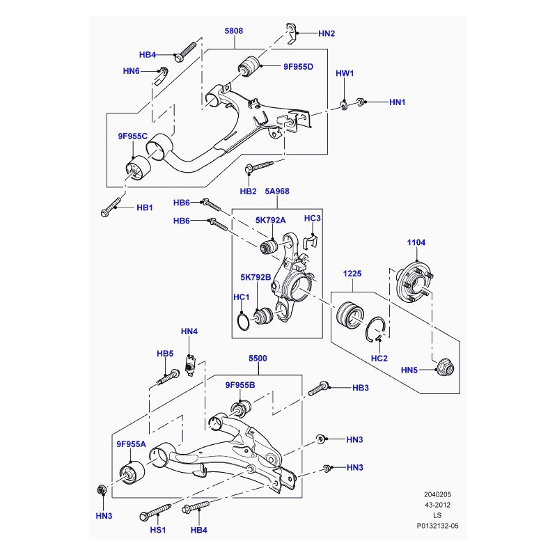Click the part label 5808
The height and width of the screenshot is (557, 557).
pos(234,32)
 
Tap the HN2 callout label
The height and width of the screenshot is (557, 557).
pos(327,33)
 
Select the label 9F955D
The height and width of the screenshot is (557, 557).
pos(298,67)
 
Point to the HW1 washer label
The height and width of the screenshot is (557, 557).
pos(345,73)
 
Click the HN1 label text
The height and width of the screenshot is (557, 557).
pos(397,102)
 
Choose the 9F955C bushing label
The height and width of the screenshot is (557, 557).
pos(132,136)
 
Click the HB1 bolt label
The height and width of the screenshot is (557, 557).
pos(144,207)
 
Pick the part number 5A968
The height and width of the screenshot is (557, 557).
pos(278,192)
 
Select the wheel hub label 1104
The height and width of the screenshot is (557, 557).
pos(416,242)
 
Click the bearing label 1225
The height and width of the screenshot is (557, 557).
pos(352,274)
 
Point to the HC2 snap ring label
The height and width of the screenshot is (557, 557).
pos(379,359)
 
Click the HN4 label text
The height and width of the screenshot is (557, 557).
pos(189,331)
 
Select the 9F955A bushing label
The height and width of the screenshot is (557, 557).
pos(132,444)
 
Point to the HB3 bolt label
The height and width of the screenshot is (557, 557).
pos(360,387)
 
